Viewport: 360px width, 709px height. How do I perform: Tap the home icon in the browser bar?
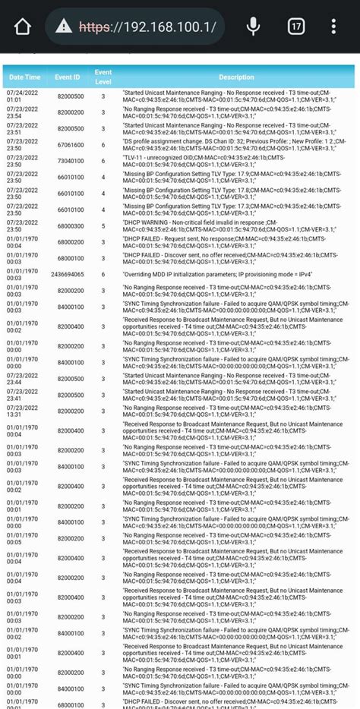point(23,28)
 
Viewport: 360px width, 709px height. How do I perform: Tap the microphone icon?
point(253,27)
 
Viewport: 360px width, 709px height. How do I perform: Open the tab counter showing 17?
point(296,27)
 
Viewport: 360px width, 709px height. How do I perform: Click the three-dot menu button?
point(334,27)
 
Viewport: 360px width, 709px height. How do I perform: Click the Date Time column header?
point(24,77)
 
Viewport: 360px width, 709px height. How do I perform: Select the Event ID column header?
point(68,77)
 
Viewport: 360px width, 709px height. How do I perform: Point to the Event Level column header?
point(103,77)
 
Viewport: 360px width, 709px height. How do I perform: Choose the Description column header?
point(236,77)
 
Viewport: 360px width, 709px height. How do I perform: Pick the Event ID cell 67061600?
point(71,144)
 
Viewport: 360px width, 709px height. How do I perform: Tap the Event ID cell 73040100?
point(71,161)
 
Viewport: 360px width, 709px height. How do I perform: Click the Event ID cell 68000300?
point(71,225)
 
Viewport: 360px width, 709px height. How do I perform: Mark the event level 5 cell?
point(103,225)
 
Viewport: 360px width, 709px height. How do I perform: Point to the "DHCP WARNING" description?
point(228,225)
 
